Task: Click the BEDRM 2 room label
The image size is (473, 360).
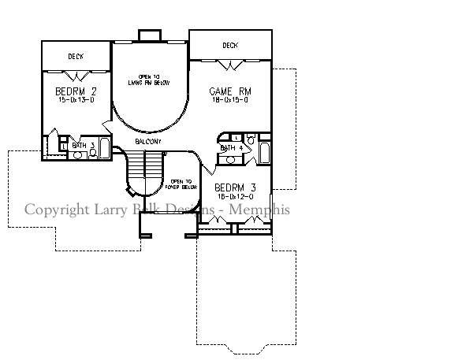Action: [x=75, y=91]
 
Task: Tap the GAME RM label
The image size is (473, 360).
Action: [x=230, y=91]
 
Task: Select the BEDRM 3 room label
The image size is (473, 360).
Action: [x=233, y=187]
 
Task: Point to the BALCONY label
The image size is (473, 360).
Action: [x=147, y=142]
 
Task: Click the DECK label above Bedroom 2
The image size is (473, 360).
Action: [x=76, y=57]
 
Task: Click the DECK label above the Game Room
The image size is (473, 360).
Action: [x=230, y=46]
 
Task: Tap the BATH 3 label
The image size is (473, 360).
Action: [x=83, y=145]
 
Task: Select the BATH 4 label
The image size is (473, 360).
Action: [x=229, y=147]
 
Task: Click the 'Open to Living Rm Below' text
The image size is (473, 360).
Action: [x=149, y=79]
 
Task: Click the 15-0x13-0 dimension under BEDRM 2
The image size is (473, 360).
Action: [x=75, y=100]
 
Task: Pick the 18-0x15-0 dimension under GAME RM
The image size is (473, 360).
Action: [x=230, y=100]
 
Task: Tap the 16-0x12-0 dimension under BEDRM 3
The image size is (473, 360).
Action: [x=233, y=195]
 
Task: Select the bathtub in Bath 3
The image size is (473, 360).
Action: [x=105, y=150]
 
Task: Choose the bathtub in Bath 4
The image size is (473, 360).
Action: [x=263, y=152]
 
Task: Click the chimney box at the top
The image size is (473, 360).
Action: [x=149, y=35]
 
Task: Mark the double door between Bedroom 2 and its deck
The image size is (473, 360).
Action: [x=76, y=76]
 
